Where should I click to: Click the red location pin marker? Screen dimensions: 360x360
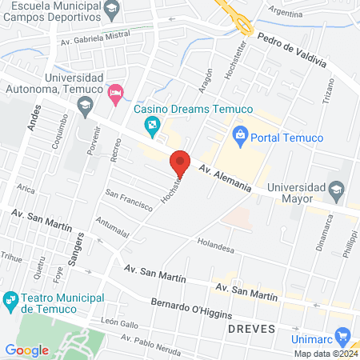click(x=180, y=162)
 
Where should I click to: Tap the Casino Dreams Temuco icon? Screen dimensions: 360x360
click(x=150, y=126)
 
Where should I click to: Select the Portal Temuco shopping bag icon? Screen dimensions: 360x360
click(x=239, y=137)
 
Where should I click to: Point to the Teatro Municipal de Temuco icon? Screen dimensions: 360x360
click(x=10, y=300)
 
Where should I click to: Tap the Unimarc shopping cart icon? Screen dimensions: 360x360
click(x=344, y=336)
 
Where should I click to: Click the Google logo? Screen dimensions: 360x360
click(x=26, y=350)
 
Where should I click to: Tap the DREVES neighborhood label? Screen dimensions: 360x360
click(x=251, y=329)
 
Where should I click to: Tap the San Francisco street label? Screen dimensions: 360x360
click(x=128, y=199)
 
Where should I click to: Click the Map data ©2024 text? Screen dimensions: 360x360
click(x=324, y=354)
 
